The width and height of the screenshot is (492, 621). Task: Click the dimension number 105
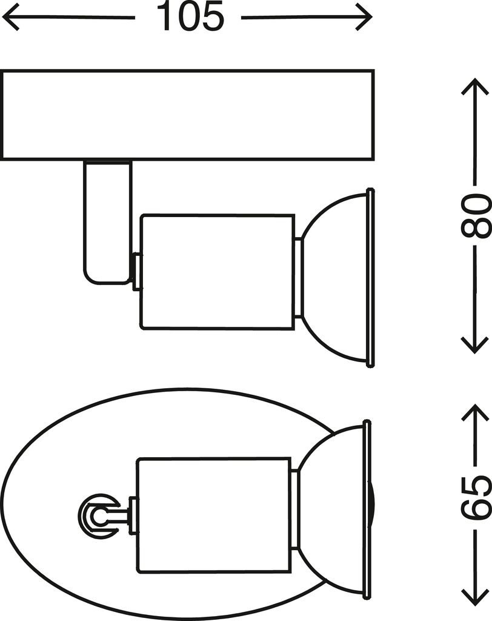pos(191,16)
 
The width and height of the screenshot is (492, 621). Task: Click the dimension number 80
pos(476,215)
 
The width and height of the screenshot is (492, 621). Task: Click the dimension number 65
pos(476,497)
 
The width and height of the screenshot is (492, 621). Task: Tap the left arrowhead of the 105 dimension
pos(10,17)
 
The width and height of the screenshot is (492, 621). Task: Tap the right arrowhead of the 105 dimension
pos(364,17)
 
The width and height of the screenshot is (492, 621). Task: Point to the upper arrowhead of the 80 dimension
pos(475,86)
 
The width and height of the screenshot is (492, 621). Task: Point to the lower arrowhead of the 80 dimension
pos(475,345)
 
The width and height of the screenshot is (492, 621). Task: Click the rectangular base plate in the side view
pos(188,115)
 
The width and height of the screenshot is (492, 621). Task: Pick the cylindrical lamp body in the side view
pos(218,272)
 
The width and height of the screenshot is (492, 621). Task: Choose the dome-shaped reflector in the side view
pos(334,278)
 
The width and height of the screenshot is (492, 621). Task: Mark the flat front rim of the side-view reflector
pos(371,278)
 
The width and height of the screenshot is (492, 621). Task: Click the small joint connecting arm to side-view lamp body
pos(136,272)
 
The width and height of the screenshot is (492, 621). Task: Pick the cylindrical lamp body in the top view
pos(214,515)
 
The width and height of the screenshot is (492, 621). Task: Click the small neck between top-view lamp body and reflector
pos(294,515)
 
